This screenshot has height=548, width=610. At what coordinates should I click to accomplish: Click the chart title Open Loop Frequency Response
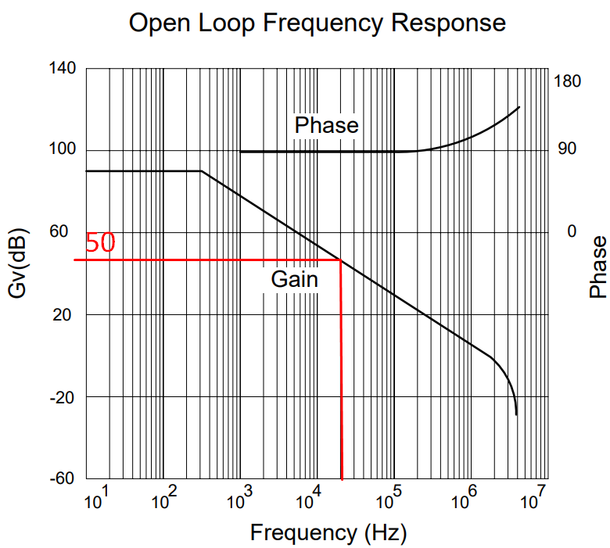[317, 23]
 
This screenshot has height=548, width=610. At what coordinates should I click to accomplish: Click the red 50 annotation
[99, 244]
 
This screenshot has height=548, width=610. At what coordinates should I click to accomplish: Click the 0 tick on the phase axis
[572, 231]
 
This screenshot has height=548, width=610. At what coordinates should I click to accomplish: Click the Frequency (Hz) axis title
[328, 533]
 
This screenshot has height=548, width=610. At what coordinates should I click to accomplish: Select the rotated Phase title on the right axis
[598, 267]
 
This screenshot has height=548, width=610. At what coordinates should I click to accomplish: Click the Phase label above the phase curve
[326, 125]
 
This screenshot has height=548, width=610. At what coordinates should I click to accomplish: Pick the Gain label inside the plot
[295, 278]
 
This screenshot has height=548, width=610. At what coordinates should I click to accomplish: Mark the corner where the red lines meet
[341, 260]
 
